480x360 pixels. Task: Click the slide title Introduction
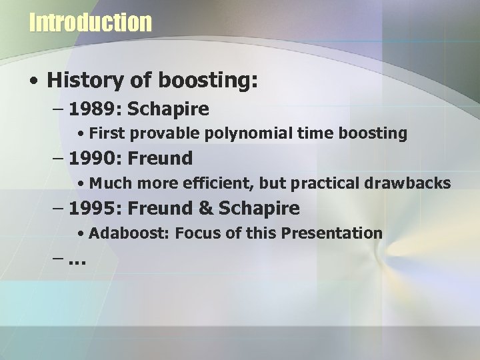tap(91, 22)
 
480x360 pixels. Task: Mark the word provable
tap(156, 133)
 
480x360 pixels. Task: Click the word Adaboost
tap(121, 233)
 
